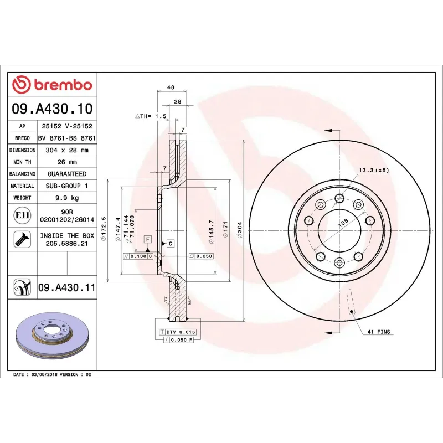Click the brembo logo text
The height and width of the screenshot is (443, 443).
(x=59, y=85)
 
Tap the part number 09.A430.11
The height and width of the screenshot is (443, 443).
(x=67, y=288)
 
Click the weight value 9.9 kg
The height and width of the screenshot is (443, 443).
(x=67, y=198)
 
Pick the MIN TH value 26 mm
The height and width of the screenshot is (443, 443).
(x=67, y=162)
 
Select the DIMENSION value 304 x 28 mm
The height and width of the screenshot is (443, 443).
(x=67, y=150)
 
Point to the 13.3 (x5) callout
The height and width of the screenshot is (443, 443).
(x=374, y=170)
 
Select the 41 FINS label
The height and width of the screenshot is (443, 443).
(x=379, y=332)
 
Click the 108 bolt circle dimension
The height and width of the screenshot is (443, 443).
(x=343, y=222)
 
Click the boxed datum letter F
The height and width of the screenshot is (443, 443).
(x=148, y=239)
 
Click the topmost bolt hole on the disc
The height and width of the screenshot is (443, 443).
(x=340, y=198)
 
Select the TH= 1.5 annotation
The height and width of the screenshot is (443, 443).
(x=151, y=117)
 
